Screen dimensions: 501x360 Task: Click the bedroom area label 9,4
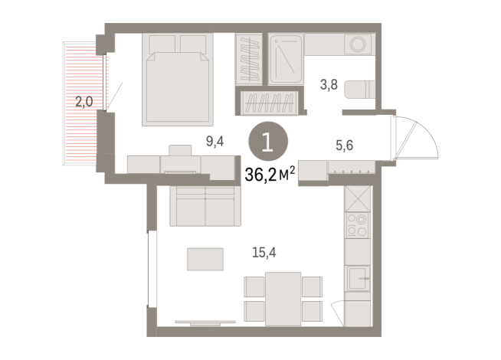[214, 141]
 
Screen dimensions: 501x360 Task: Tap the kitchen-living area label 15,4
[264, 252]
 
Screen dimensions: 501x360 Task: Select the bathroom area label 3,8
[329, 85]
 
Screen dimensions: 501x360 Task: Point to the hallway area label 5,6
[344, 146]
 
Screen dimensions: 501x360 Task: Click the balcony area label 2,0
[84, 102]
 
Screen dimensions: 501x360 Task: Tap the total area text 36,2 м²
[270, 174]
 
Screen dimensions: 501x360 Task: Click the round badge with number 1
[268, 142]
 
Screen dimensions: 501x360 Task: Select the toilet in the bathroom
[360, 90]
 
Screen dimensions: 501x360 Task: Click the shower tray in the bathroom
[286, 59]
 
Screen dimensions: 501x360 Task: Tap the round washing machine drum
[358, 44]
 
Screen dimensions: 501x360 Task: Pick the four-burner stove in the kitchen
[357, 225]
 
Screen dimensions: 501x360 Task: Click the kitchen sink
[359, 279]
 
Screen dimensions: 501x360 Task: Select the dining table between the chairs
[283, 299]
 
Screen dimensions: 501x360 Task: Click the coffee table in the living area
[205, 259]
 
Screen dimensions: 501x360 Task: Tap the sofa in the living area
[205, 206]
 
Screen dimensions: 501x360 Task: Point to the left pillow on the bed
[162, 44]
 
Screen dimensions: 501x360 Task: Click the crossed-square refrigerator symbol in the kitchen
[358, 198]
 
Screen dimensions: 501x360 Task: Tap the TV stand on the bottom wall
[205, 323]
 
